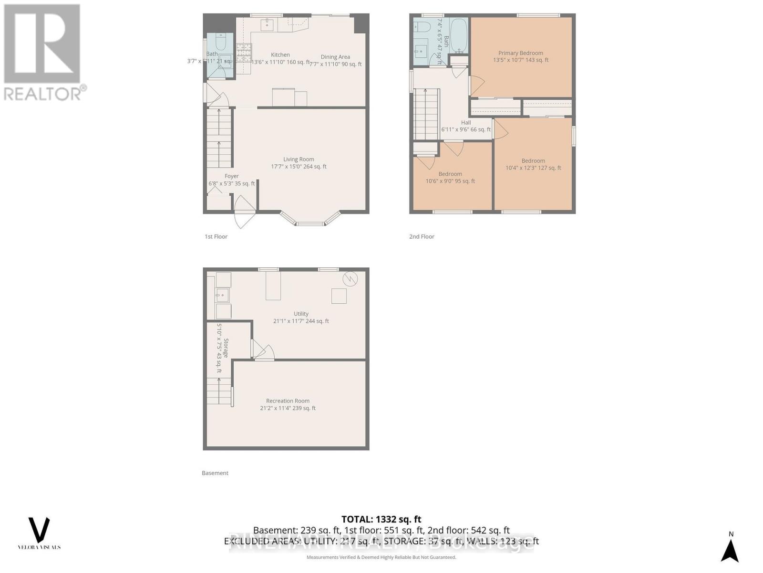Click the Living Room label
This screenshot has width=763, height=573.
pyautogui.click(x=299, y=159)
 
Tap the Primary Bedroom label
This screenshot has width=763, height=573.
pyautogui.click(x=521, y=53)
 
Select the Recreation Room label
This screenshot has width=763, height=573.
pyautogui.click(x=288, y=401)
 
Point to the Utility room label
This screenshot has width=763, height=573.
pyautogui.click(x=301, y=314)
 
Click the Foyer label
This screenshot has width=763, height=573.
pyautogui.click(x=232, y=176)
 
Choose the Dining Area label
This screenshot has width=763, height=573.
pyautogui.click(x=335, y=57)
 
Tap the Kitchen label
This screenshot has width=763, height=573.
pyautogui.click(x=280, y=55)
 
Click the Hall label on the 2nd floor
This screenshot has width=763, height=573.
pyautogui.click(x=466, y=123)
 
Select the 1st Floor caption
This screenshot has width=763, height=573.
pyautogui.click(x=216, y=236)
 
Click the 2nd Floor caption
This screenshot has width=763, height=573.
pyautogui.click(x=422, y=236)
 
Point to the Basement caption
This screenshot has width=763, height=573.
pyautogui.click(x=215, y=473)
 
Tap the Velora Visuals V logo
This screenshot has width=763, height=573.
pyautogui.click(x=39, y=530)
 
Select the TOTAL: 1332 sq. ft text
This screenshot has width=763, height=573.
pyautogui.click(x=381, y=519)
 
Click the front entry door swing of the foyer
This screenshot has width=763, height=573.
pyautogui.click(x=244, y=212)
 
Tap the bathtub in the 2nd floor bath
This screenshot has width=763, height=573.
pyautogui.click(x=459, y=36)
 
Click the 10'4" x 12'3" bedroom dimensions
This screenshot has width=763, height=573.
pyautogui.click(x=533, y=168)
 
